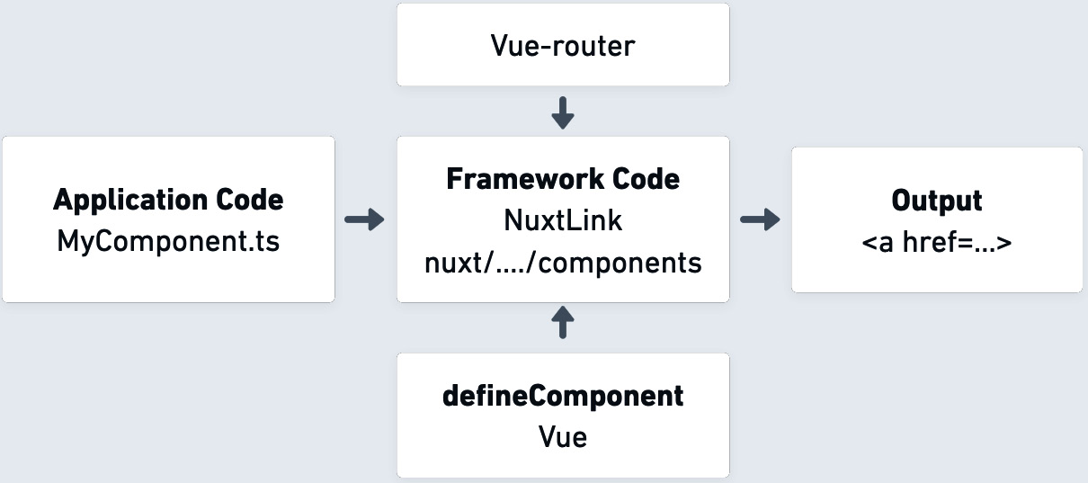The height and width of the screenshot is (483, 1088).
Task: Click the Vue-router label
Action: tap(563, 46)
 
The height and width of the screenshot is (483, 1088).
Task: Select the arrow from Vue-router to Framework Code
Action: tap(563, 112)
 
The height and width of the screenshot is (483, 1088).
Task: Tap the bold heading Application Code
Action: tap(168, 200)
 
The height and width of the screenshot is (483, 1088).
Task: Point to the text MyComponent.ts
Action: tap(168, 241)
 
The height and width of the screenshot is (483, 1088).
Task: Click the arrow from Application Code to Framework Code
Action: tap(364, 220)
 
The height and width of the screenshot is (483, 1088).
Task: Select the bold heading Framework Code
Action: tap(563, 179)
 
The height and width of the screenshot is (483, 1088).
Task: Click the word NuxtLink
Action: tap(563, 220)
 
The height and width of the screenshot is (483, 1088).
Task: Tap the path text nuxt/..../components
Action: tap(563, 263)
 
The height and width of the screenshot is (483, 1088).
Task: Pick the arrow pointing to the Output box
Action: tap(760, 220)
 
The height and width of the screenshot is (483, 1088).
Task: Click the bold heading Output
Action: tap(936, 200)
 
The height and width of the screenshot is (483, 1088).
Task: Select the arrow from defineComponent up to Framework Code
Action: tap(563, 322)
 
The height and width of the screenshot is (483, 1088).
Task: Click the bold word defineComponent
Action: tap(563, 396)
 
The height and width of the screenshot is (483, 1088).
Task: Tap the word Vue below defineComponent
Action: tap(563, 437)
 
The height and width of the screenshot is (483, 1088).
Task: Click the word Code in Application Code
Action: tap(248, 200)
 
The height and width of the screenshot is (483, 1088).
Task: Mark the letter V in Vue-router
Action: tap(500, 46)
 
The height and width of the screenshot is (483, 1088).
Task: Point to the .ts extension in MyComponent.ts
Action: tap(264, 241)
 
